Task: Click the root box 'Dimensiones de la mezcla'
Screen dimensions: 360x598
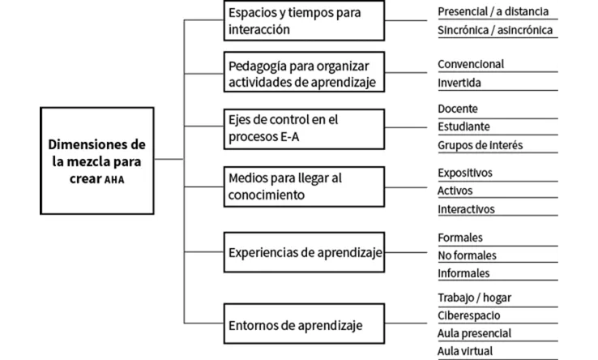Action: pos(97,161)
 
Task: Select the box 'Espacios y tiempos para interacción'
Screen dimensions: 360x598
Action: pos(302,22)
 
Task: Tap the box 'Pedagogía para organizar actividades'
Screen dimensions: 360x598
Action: pos(302,73)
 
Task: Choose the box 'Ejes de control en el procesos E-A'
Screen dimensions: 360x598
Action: pos(302,128)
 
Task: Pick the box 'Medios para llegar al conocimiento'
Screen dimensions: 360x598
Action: pos(302,185)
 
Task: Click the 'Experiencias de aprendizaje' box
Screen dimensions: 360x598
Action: pos(302,252)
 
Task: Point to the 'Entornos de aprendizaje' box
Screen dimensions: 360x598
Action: pos(302,326)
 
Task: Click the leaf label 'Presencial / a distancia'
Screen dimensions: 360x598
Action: pos(493,12)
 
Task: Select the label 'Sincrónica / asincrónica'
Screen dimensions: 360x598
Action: pos(494,31)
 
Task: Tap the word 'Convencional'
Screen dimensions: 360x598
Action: pos(470,64)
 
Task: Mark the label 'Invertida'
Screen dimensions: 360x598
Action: pos(459,84)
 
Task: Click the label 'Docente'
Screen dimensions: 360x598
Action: pos(458,109)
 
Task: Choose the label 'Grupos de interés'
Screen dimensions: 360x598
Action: pos(480,146)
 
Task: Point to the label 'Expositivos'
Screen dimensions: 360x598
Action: pos(464,173)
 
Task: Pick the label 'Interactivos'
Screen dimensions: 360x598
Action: pos(466,209)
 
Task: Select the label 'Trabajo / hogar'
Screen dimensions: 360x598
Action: pos(474,298)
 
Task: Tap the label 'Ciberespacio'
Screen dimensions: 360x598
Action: pos(468,315)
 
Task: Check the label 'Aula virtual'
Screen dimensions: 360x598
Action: pos(465,351)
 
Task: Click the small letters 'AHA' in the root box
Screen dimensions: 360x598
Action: pos(115,180)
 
